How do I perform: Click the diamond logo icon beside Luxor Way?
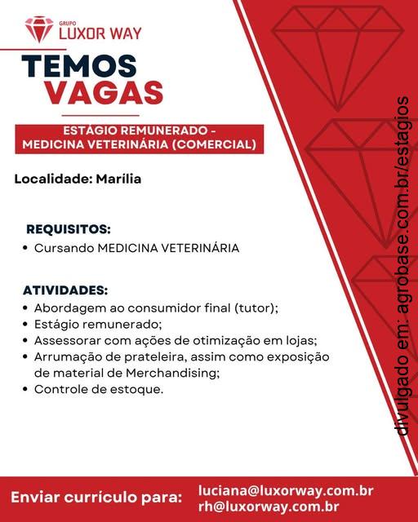click(38, 29)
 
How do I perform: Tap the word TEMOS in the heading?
click(79, 67)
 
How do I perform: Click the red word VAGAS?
click(103, 92)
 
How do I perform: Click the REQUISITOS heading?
click(69, 229)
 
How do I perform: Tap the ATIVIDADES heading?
click(65, 290)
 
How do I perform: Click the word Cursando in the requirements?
click(64, 247)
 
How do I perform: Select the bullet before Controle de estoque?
click(27, 390)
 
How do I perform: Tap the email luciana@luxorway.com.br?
click(286, 491)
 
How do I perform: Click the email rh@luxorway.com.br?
click(269, 506)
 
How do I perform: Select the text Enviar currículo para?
click(96, 497)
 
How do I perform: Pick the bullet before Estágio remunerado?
click(27, 325)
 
